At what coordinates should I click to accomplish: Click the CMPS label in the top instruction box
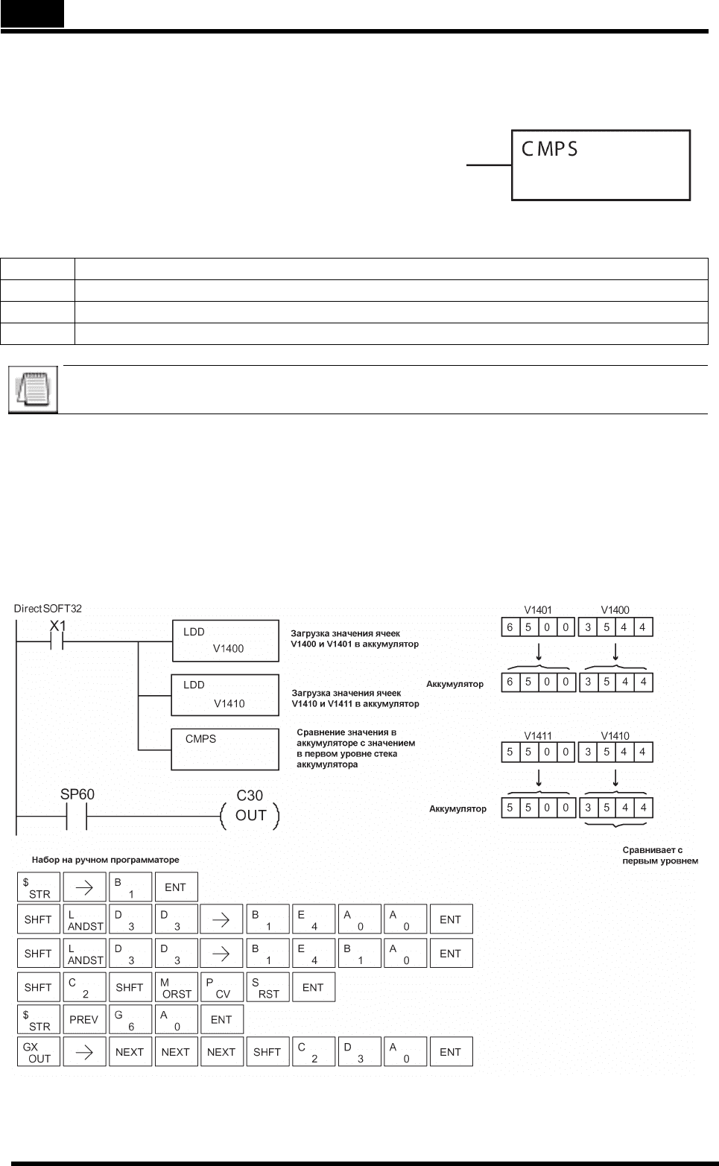pyautogui.click(x=549, y=149)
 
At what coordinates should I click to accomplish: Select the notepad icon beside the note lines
pyautogui.click(x=33, y=390)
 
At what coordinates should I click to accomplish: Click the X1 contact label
pyautogui.click(x=58, y=626)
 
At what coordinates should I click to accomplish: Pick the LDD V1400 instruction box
pyautogui.click(x=226, y=641)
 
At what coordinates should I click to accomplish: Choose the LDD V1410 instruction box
pyautogui.click(x=226, y=695)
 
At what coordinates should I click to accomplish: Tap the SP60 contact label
pyautogui.click(x=77, y=794)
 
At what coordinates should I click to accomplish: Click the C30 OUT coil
pyautogui.click(x=250, y=816)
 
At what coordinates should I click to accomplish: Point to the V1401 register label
pyautogui.click(x=538, y=610)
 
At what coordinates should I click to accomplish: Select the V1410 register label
pyautogui.click(x=615, y=736)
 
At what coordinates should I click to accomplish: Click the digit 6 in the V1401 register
pyautogui.click(x=510, y=627)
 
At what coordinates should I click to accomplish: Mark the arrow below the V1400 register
pyautogui.click(x=615, y=652)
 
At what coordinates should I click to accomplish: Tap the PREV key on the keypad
pyautogui.click(x=84, y=1020)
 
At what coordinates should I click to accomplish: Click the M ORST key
pyautogui.click(x=177, y=987)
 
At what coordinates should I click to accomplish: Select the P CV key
pyautogui.click(x=222, y=987)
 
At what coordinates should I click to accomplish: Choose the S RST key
pyautogui.click(x=268, y=987)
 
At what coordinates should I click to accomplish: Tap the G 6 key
pyautogui.click(x=130, y=1020)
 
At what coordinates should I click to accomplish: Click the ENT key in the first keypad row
pyautogui.click(x=177, y=887)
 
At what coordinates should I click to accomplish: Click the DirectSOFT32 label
pyautogui.click(x=48, y=609)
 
